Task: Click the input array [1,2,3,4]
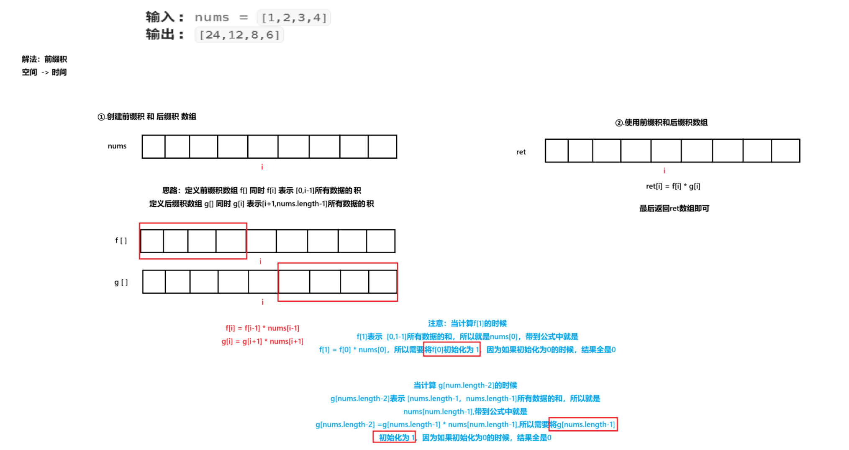294,18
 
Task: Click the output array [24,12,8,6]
239,35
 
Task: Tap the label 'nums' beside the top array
117,146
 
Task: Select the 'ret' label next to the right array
521,152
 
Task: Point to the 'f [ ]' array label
121,240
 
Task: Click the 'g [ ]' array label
121,283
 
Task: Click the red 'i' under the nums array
262,167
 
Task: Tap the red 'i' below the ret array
664,170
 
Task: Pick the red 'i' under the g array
263,302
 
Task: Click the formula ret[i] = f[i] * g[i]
673,186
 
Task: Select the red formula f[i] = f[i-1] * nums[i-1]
262,328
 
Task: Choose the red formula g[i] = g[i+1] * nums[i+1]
262,342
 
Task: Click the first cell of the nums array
154,147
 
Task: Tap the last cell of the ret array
785,151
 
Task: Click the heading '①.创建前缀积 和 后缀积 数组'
147,117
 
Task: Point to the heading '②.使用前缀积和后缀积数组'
662,123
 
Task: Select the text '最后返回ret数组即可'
674,208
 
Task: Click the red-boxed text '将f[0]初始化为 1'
452,350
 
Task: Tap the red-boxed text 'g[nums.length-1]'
583,424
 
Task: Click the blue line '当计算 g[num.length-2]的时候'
465,385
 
